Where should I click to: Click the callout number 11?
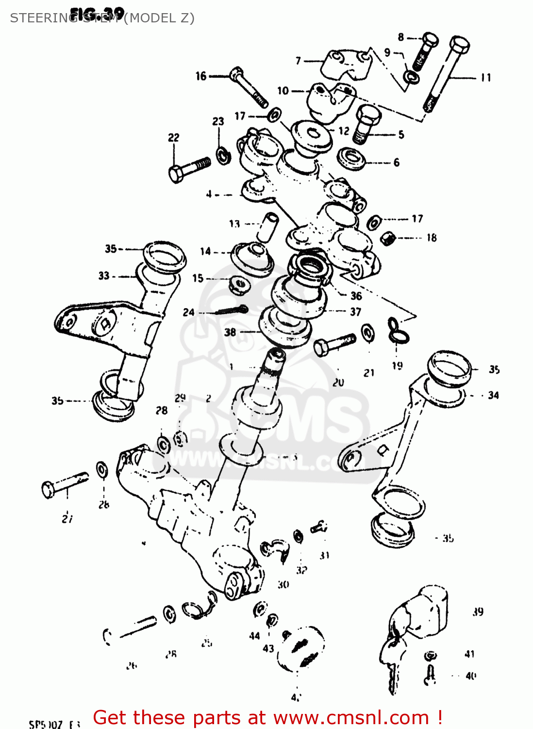coord(485,78)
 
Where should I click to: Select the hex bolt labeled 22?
coord(189,168)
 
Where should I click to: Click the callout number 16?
coord(201,76)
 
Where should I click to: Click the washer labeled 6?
coord(352,158)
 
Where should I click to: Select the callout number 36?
coord(356,296)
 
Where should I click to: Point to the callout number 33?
coord(104,276)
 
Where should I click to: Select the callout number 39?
coord(478,612)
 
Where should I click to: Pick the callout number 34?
coord(493,395)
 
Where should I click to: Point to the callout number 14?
coord(205,251)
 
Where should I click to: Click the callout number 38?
coord(230,332)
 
